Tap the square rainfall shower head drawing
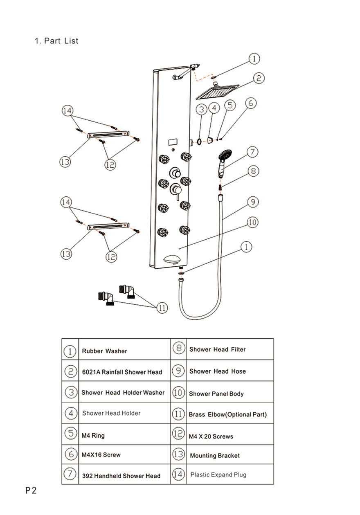pyautogui.click(x=217, y=92)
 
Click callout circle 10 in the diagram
pyautogui.click(x=252, y=222)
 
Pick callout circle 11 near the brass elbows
pyautogui.click(x=162, y=308)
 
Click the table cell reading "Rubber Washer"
pyautogui.click(x=104, y=351)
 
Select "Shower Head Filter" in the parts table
pyautogui.click(x=217, y=350)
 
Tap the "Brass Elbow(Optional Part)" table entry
pyautogui.click(x=227, y=414)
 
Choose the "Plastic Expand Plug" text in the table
pyautogui.click(x=218, y=475)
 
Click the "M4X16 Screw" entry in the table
pyautogui.click(x=101, y=455)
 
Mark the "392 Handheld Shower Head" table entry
pyautogui.click(x=121, y=476)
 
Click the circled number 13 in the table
pyautogui.click(x=178, y=454)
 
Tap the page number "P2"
pyautogui.click(x=31, y=490)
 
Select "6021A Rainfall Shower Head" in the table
pyautogui.click(x=122, y=372)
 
